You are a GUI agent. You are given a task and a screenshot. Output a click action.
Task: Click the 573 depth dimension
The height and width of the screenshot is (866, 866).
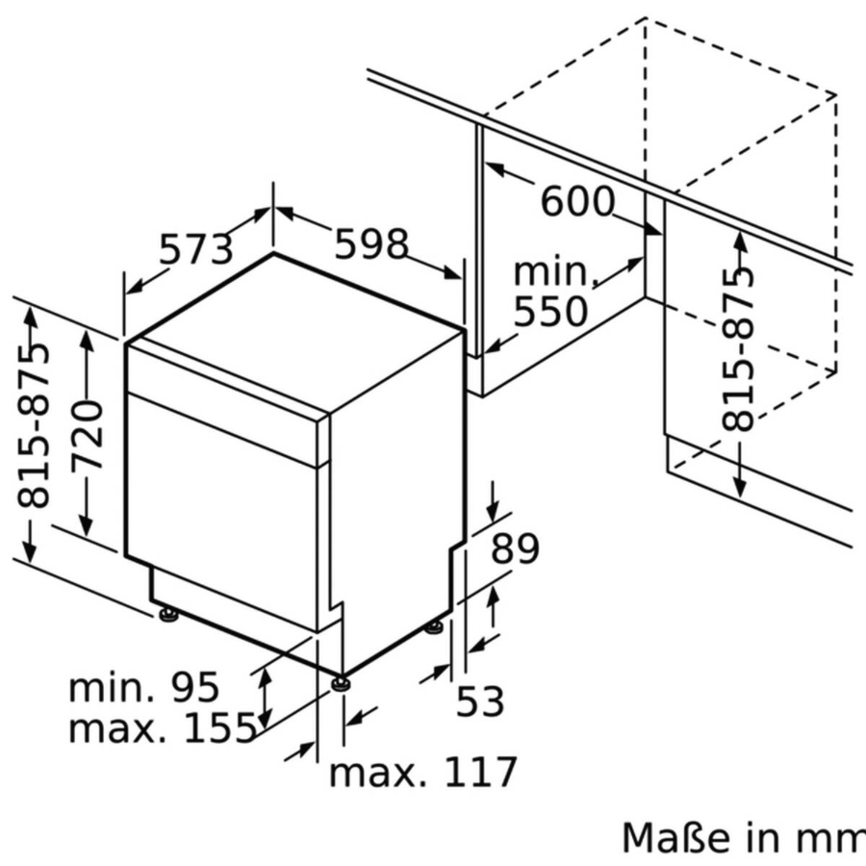tap(196, 249)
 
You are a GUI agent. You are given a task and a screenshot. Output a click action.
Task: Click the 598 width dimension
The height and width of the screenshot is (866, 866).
tap(371, 244)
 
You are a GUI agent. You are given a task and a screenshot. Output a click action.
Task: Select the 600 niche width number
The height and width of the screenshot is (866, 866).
tap(576, 202)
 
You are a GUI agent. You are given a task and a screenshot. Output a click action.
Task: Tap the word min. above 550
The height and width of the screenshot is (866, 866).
tap(555, 272)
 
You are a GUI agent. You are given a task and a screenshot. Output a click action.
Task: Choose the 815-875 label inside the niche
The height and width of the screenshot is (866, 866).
tap(739, 347)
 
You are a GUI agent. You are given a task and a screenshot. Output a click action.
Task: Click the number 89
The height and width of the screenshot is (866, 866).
tap(515, 549)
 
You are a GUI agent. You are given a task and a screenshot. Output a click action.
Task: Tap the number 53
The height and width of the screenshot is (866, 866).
tap(479, 702)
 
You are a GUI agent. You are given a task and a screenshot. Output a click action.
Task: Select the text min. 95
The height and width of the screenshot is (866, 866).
tap(144, 687)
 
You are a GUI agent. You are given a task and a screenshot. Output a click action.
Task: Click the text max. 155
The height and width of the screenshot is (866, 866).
tap(162, 728)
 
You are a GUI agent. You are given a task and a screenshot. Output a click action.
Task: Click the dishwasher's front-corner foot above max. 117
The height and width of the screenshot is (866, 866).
tap(342, 683)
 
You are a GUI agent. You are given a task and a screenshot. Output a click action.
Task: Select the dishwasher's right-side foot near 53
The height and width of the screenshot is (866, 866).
tap(434, 627)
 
